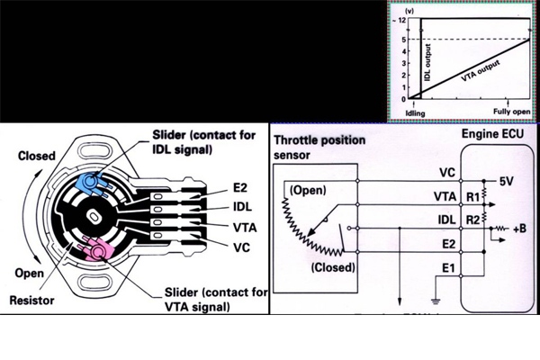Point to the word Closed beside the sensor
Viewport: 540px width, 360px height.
click(39, 156)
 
